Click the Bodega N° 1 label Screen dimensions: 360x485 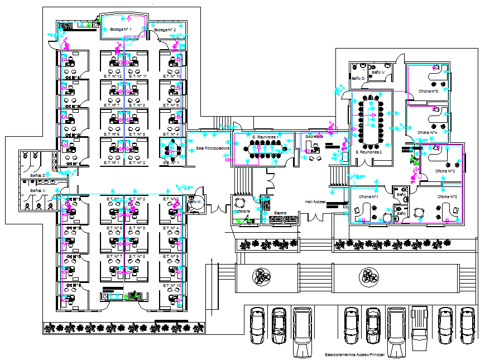[121, 28]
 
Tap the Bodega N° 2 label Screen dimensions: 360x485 [165, 30]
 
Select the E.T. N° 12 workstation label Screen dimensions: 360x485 [113, 76]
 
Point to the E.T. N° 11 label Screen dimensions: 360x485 [137, 76]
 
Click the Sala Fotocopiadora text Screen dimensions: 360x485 [212, 148]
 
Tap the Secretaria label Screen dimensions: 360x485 [314, 136]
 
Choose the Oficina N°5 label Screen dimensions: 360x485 [428, 90]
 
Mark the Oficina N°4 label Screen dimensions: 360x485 [427, 132]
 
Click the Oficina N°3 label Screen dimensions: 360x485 [445, 171]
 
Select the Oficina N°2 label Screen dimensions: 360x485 [447, 197]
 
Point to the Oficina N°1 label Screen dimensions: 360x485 [369, 197]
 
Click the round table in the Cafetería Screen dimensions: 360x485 [240, 203]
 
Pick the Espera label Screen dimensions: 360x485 [280, 212]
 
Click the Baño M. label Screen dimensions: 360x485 [194, 201]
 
